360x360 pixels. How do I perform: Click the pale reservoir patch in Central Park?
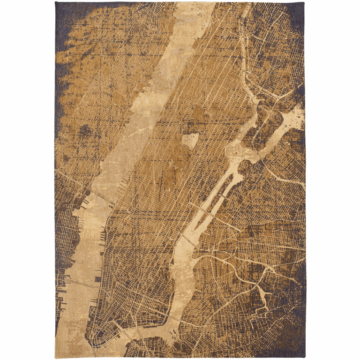click(190, 140)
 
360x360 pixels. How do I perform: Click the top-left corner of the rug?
click(55, 2)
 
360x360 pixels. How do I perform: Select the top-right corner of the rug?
click(304, 2)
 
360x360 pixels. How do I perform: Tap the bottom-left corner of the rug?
click(55, 358)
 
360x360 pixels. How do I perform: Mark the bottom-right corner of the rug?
click(305, 358)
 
